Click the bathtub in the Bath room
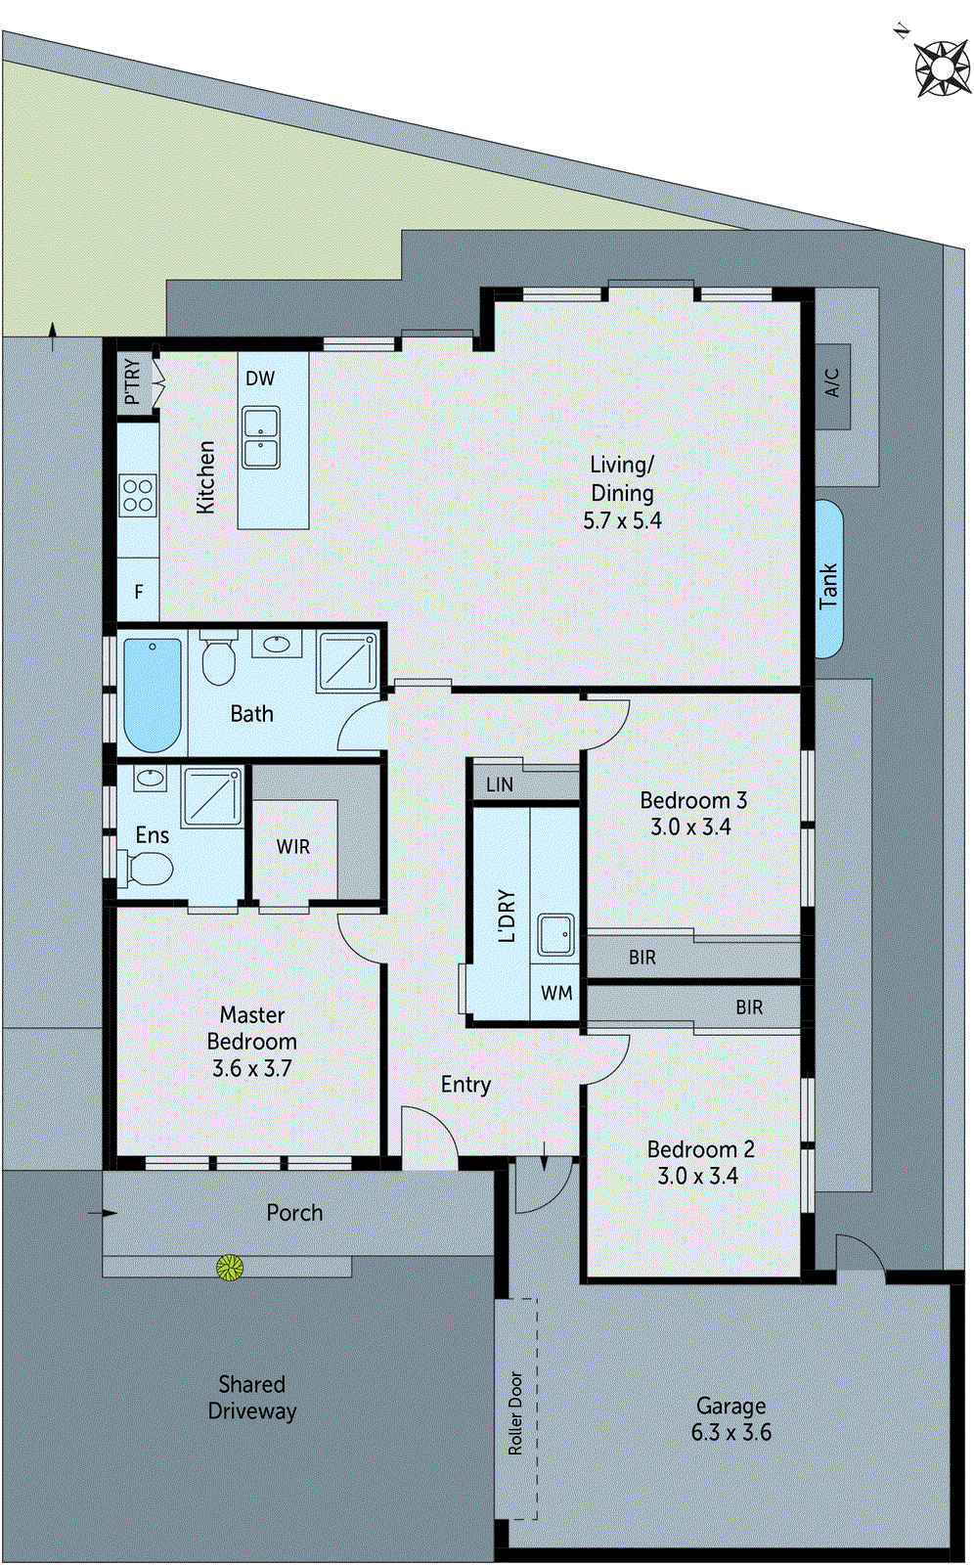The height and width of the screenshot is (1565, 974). (x=153, y=693)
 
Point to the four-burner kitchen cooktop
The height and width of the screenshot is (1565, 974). (x=138, y=495)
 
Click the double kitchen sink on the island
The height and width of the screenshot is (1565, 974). (x=261, y=438)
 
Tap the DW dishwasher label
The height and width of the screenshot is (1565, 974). (x=260, y=379)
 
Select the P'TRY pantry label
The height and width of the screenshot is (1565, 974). (x=133, y=381)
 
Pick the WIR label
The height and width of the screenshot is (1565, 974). (x=292, y=847)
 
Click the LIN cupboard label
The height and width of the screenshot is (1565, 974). (x=499, y=784)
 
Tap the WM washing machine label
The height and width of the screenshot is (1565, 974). (x=556, y=993)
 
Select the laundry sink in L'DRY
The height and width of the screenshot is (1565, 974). (x=556, y=935)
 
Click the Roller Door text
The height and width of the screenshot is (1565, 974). (x=516, y=1413)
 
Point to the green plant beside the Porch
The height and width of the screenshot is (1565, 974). (x=230, y=1268)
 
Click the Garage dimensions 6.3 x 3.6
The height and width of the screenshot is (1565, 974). (x=730, y=1432)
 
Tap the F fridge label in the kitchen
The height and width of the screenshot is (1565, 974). (x=139, y=592)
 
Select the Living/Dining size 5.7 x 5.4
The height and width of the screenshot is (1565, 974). (x=622, y=520)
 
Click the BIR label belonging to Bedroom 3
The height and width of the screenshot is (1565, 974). (x=642, y=958)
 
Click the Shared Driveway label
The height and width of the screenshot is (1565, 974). (x=251, y=1398)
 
